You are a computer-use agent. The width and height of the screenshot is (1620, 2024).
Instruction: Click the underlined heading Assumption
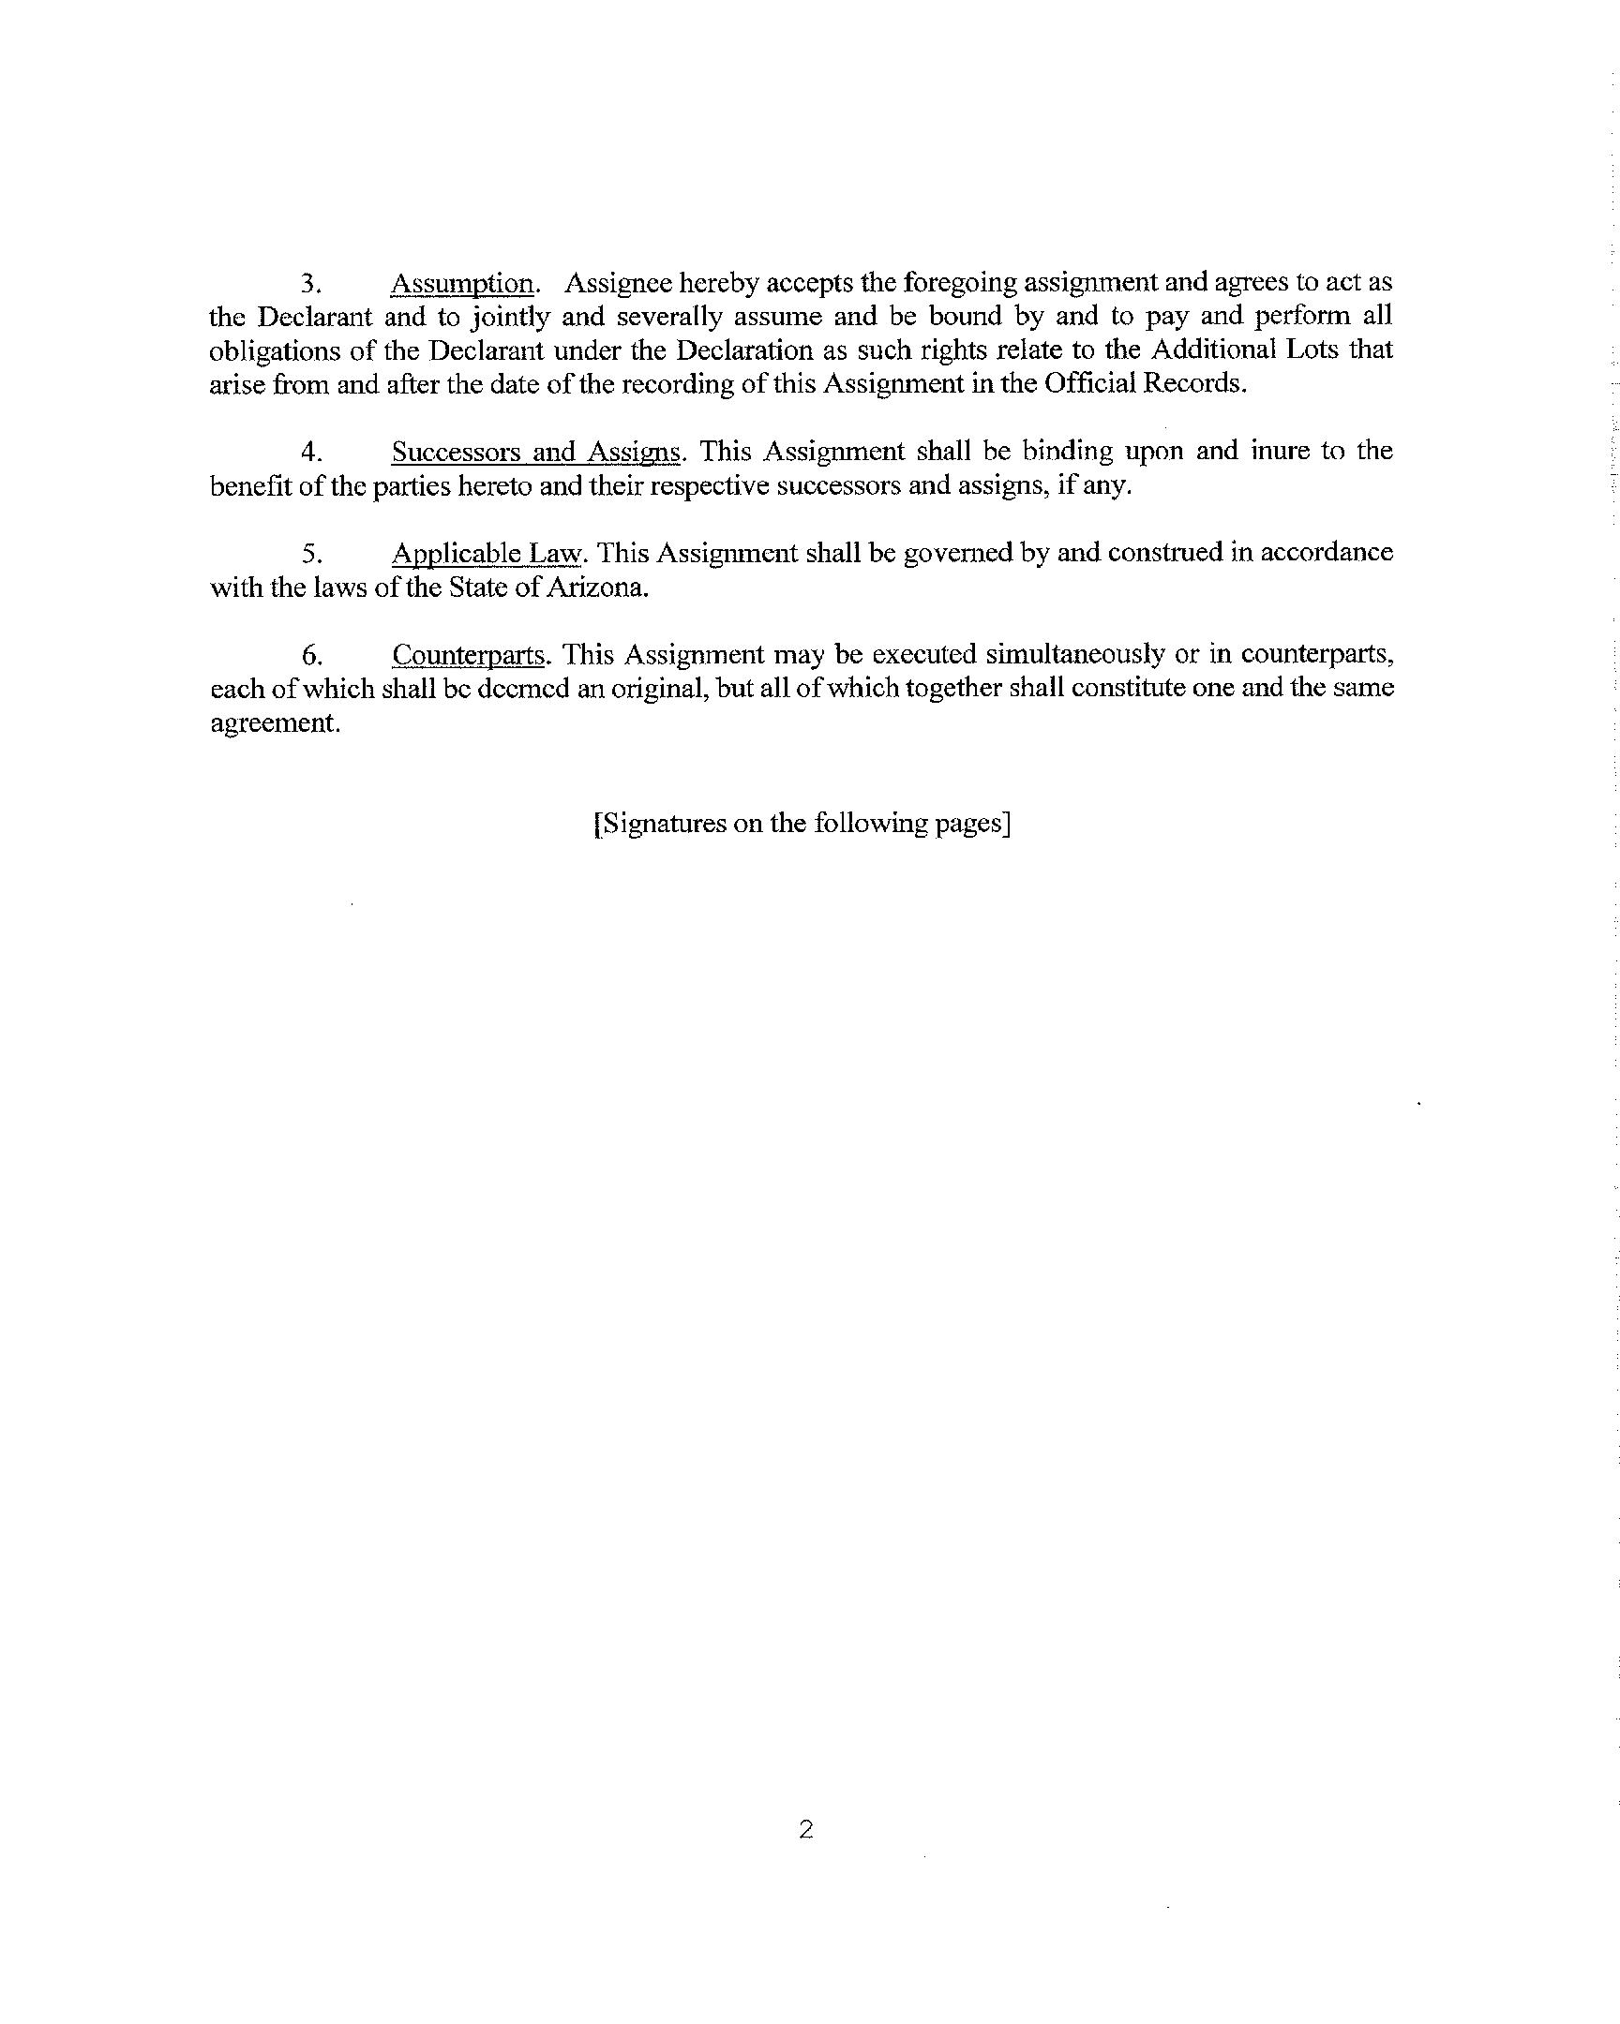pyautogui.click(x=462, y=284)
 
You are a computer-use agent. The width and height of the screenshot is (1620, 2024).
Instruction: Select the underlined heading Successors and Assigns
pyautogui.click(x=535, y=453)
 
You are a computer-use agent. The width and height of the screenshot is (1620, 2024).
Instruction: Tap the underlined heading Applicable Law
pyautogui.click(x=487, y=554)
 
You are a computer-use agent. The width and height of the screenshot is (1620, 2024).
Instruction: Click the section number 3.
pyautogui.click(x=312, y=284)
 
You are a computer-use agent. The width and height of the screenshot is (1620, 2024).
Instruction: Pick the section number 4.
pyautogui.click(x=312, y=453)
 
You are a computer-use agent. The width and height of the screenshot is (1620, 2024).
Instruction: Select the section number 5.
pyautogui.click(x=312, y=554)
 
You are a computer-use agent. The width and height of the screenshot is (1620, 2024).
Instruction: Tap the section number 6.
pyautogui.click(x=312, y=654)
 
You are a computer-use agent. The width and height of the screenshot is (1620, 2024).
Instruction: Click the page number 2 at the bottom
pyautogui.click(x=805, y=1829)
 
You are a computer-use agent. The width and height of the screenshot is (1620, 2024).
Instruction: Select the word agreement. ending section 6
pyautogui.click(x=275, y=722)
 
